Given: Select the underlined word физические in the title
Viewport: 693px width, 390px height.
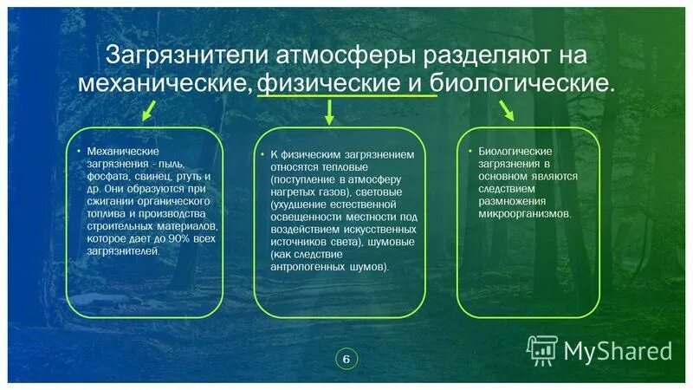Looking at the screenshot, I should coord(325,84).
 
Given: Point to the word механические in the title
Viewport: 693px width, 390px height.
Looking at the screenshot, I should coord(165,84).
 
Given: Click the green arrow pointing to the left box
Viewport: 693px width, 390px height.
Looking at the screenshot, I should coord(148,109).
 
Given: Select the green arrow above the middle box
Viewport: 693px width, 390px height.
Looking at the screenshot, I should coord(329,112).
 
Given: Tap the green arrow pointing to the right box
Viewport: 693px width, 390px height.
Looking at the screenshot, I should coord(505,109).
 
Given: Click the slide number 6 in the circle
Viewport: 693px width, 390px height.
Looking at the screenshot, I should coord(346,359).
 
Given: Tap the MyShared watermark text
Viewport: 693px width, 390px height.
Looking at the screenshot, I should coord(618,350).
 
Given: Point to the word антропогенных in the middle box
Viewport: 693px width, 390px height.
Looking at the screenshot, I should coord(305,267).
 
